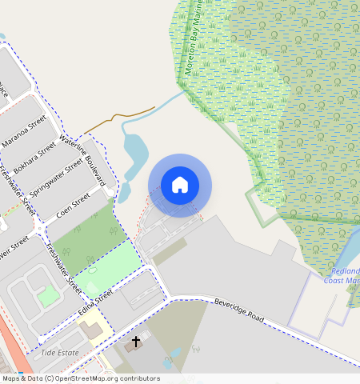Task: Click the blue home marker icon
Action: [180, 185]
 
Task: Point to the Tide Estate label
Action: [59, 352]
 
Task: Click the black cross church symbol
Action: [136, 342]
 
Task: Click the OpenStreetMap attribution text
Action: [81, 378]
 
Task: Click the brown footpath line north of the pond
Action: [120, 117]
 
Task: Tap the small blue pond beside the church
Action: [176, 353]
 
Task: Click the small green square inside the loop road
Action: [48, 296]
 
